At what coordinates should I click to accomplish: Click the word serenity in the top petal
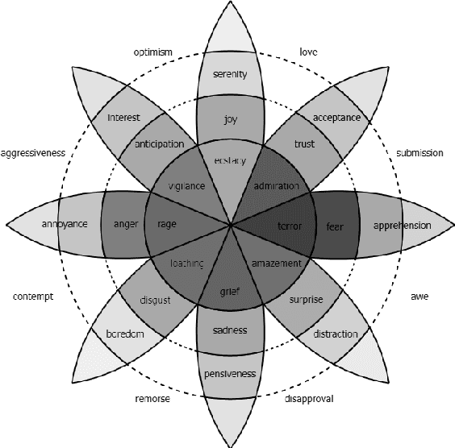click(x=229, y=75)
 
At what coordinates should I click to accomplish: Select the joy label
click(x=230, y=119)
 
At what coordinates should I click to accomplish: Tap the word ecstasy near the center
click(x=230, y=160)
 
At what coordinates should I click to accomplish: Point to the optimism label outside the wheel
click(x=152, y=52)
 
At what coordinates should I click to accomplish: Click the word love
click(x=308, y=52)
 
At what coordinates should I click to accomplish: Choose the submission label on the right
click(x=420, y=152)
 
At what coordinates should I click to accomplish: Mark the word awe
click(x=420, y=297)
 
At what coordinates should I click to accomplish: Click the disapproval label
click(x=309, y=398)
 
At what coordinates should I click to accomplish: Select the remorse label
click(x=152, y=398)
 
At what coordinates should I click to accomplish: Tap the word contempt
click(x=33, y=297)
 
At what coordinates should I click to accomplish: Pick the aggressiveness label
click(x=34, y=152)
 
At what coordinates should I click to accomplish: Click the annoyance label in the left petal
click(x=64, y=224)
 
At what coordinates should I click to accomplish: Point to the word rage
click(x=167, y=224)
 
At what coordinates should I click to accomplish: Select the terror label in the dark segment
click(x=289, y=225)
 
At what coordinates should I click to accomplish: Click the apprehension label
click(x=402, y=225)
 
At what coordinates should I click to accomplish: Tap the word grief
click(x=230, y=291)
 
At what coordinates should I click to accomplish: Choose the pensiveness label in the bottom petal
click(x=230, y=374)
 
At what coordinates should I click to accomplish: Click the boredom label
click(x=125, y=334)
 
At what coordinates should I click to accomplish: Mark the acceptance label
click(x=336, y=118)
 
